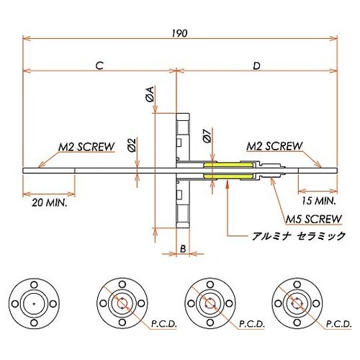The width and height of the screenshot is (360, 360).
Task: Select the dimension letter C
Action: tap(100, 65)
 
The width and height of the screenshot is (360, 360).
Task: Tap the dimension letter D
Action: tap(257, 65)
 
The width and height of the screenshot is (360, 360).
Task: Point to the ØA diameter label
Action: tap(150, 93)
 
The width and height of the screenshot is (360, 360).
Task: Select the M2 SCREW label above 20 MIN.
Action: tap(86, 147)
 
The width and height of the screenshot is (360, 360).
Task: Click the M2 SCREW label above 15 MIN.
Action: tap(274, 146)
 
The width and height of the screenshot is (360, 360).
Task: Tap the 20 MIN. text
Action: tap(50, 204)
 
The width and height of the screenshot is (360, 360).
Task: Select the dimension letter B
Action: tap(183, 248)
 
